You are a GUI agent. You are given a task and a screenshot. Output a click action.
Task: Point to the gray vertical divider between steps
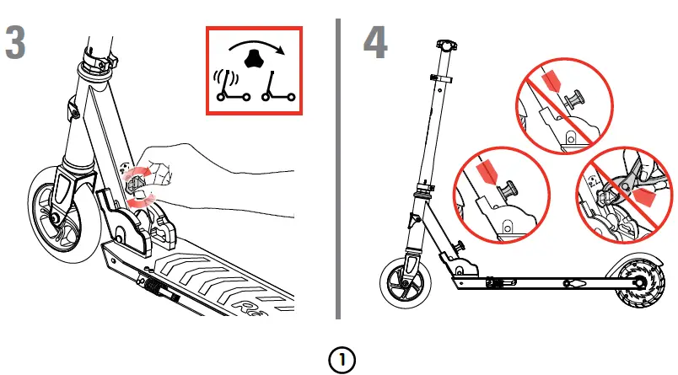339,169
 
